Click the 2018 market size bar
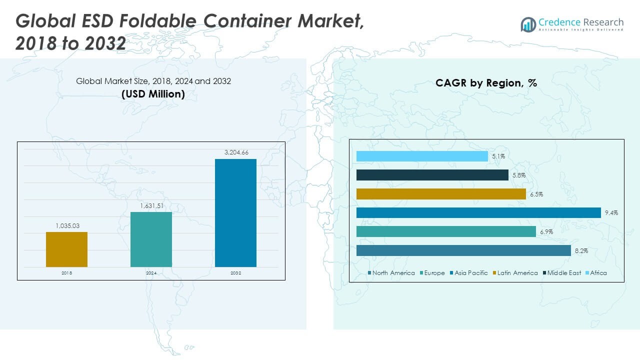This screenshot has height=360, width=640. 66,249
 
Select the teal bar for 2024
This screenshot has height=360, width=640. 151,239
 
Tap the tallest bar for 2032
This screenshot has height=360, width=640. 235,212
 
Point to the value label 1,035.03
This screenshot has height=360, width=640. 66,226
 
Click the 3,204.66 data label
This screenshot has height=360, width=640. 235,152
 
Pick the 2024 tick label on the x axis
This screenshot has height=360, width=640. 151,273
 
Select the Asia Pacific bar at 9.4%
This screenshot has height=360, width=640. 478,212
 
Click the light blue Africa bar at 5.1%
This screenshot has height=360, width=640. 422,156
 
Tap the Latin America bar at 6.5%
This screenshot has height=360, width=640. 441,194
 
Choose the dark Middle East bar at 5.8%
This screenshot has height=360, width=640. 432,175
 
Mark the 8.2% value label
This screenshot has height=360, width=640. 581,250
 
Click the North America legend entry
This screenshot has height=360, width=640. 391,273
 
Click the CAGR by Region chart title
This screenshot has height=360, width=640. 486,83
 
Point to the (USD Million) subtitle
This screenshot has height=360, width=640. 153,93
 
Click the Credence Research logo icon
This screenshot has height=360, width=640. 528,24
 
